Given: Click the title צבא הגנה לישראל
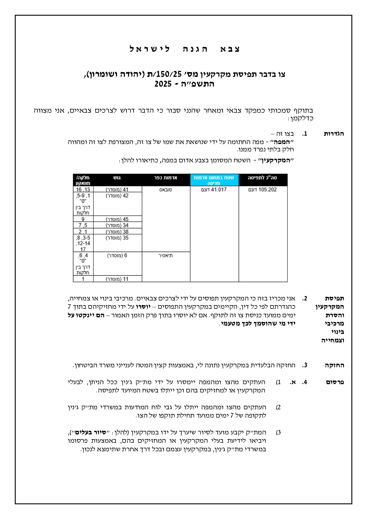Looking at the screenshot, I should tap(185, 49).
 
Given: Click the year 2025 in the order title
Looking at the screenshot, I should tap(163, 84).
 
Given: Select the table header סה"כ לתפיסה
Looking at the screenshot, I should tap(263, 178).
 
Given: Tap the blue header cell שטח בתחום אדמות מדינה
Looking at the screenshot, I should tap(214, 180).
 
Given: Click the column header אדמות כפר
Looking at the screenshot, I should tap(166, 178).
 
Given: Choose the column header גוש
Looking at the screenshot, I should tap(117, 178).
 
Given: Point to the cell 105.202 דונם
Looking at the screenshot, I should tap(263, 190).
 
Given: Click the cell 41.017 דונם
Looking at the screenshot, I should tap(214, 190).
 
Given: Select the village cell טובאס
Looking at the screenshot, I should tap(166, 190).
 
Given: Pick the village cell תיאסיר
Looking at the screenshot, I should tap(166, 256).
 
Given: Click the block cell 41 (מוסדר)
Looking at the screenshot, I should tap(117, 190).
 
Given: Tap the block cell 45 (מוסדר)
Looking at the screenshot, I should tap(117, 219).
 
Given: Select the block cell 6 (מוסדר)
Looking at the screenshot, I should tap(117, 256).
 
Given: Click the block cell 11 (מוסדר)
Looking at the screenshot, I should tap(117, 279).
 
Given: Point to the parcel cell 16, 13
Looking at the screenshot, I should tap(83, 190).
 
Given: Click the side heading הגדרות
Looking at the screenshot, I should tap(334, 134).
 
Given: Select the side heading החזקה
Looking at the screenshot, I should tap(334, 365).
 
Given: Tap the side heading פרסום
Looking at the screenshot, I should tap(335, 382).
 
